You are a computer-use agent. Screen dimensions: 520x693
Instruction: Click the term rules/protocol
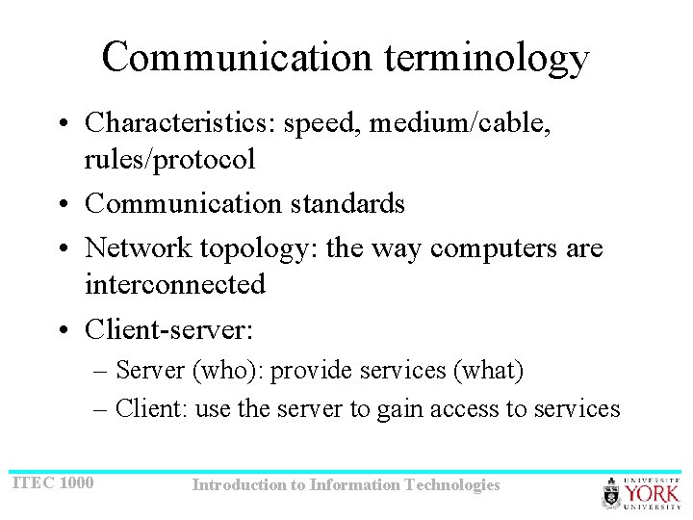(169, 159)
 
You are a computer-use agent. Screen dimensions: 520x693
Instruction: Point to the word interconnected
(174, 284)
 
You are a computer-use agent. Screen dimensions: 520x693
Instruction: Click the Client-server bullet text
(169, 329)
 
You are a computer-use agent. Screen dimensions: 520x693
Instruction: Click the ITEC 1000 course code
(53, 481)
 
